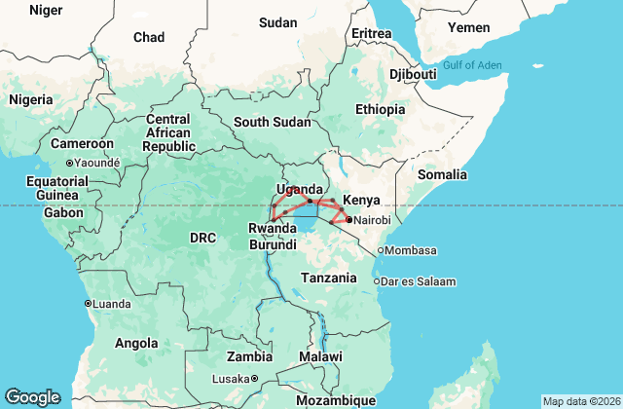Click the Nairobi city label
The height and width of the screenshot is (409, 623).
(x=372, y=221)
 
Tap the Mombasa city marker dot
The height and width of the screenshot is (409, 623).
(x=381, y=250)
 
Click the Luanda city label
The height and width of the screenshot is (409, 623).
(x=111, y=304)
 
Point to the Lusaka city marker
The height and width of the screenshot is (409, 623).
(x=254, y=379)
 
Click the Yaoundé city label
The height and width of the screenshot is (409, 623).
(x=96, y=163)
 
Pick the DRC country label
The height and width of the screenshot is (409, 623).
(x=202, y=238)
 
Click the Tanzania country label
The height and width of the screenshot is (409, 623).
(x=328, y=278)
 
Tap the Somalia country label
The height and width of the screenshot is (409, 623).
(x=442, y=174)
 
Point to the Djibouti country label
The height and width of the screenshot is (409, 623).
(x=413, y=74)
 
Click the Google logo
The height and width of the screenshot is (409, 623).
(x=32, y=397)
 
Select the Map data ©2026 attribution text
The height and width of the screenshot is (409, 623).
(x=580, y=401)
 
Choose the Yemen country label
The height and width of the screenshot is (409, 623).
(x=469, y=27)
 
